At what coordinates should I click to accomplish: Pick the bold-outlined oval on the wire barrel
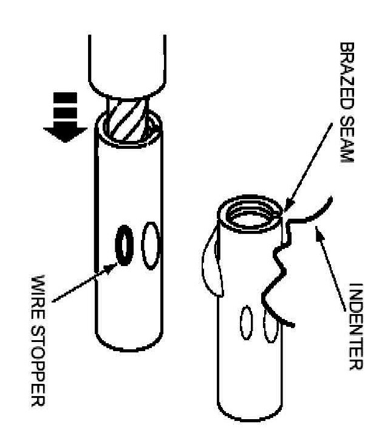point(123,245)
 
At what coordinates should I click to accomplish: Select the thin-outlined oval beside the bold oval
point(150,245)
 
